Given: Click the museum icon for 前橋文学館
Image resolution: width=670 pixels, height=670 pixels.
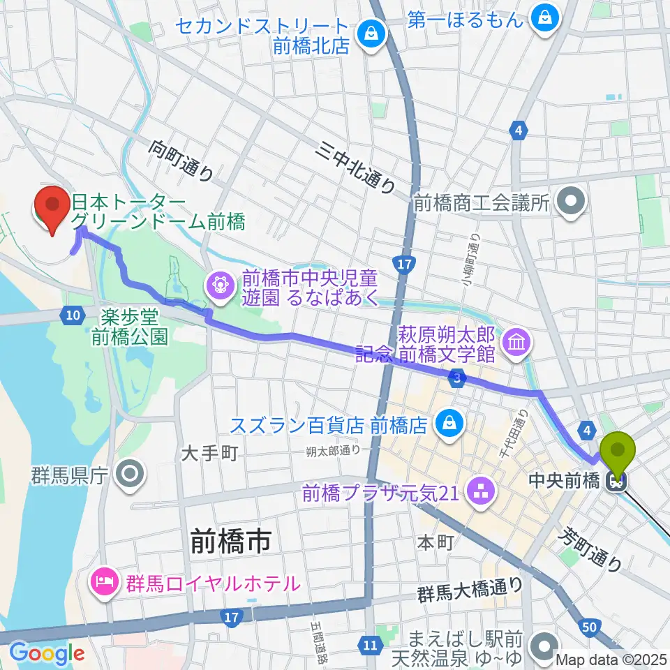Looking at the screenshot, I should coord(517,343).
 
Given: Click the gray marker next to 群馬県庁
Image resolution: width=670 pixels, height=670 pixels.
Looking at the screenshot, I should coord(131,475).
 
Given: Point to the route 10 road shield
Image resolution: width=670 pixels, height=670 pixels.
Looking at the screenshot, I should coord(73,315).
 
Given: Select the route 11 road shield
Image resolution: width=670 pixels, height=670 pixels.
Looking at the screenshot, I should coord(369,644).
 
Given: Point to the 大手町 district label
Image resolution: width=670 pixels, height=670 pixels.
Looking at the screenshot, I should coord(209,454).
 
